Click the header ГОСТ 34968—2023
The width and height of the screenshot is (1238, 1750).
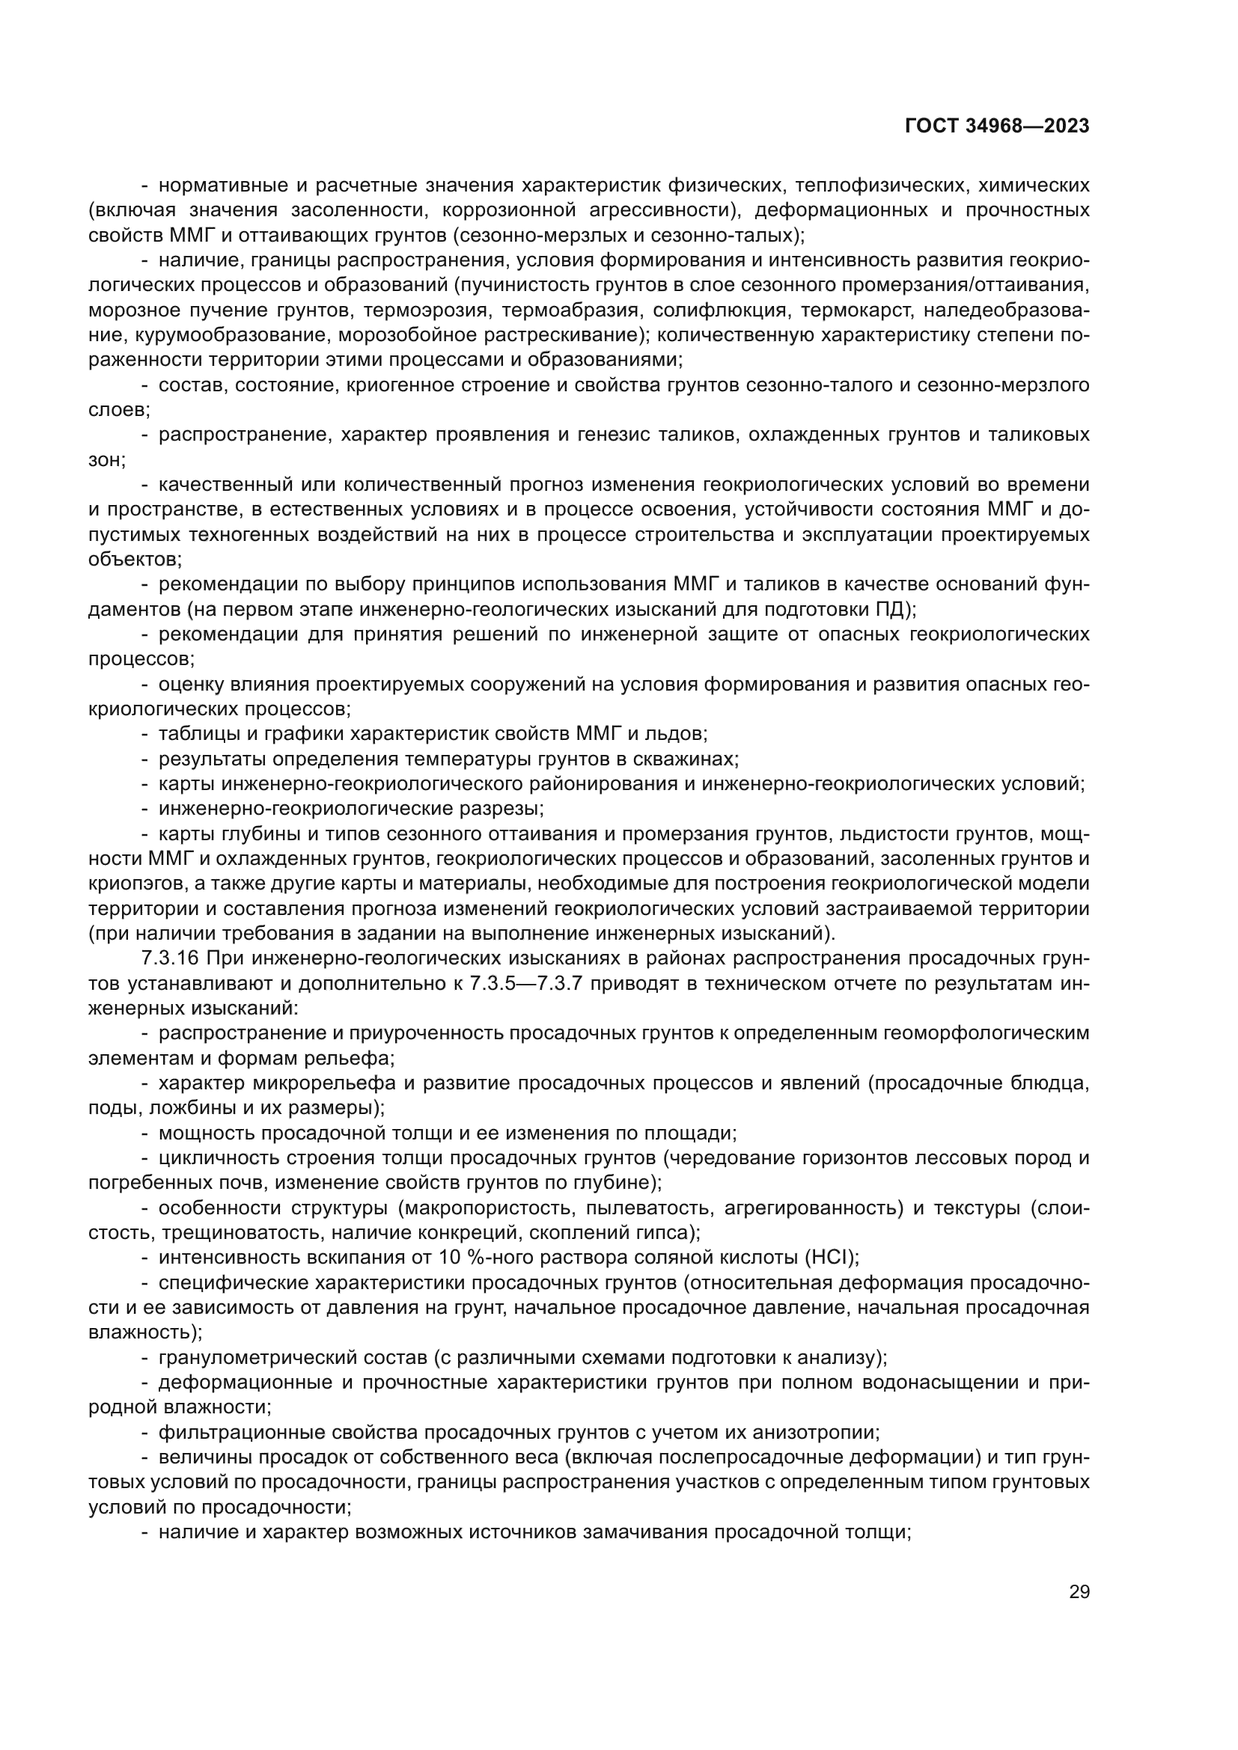coord(997,126)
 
